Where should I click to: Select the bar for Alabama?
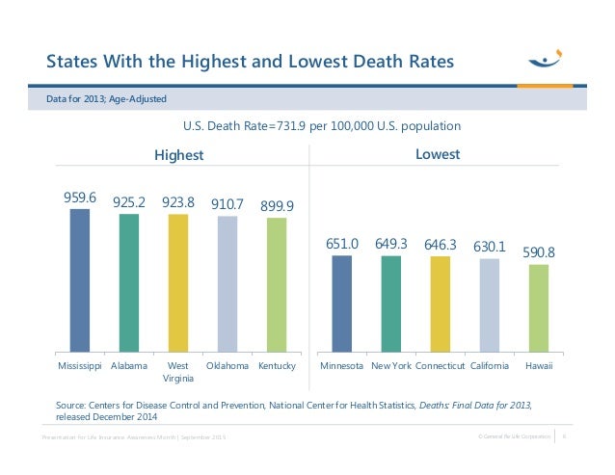[129, 282]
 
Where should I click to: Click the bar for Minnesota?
[341, 303]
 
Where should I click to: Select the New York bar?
[390, 303]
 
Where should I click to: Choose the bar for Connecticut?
[440, 304]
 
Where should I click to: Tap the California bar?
[490, 305]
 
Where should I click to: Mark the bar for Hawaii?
[539, 308]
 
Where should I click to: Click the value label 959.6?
[81, 197]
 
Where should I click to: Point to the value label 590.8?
[539, 251]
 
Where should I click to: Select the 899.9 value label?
[278, 206]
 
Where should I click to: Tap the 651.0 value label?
[341, 245]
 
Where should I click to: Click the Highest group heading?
[179, 155]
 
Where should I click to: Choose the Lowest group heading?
[437, 154]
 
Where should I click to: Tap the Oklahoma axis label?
[227, 367]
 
